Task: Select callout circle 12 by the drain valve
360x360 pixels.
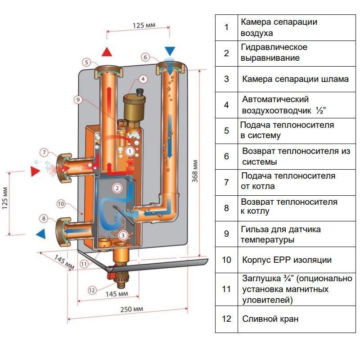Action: point(92,290)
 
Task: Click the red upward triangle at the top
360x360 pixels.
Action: point(107,51)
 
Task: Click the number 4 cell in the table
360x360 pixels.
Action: point(226,105)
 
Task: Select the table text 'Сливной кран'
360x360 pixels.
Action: point(270,319)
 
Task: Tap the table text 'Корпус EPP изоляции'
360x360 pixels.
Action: point(287,260)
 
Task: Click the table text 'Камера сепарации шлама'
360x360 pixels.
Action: point(295,79)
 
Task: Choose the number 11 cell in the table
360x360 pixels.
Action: point(226,289)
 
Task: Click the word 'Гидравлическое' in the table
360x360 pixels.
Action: point(274,47)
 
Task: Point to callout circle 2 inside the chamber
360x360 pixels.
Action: point(117,188)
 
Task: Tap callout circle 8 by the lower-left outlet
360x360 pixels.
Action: point(44,219)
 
